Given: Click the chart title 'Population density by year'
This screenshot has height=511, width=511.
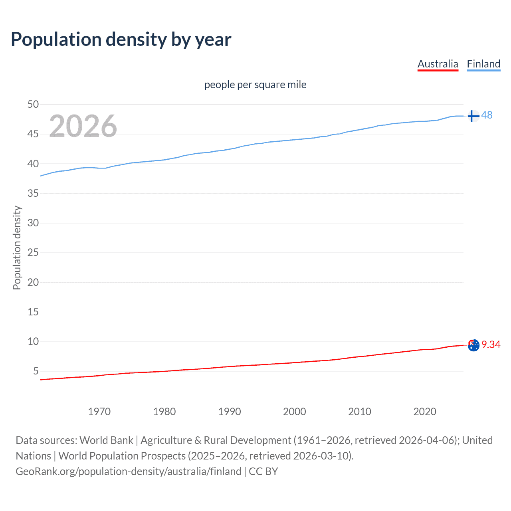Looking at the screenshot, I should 121,40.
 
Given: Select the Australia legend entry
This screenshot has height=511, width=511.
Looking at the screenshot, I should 438,64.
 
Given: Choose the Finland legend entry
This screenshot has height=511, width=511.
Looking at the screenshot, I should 483,64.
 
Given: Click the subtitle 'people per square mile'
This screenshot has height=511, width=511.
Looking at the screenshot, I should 255,85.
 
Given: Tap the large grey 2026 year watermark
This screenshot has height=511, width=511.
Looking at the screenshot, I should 83,126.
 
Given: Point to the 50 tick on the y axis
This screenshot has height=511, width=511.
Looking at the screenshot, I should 33,105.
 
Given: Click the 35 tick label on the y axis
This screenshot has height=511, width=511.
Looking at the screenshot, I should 33,194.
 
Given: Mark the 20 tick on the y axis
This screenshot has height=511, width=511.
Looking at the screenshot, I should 33,282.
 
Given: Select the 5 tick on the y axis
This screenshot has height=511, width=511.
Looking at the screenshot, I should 36,371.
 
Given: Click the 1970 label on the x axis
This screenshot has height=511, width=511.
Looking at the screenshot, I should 99,412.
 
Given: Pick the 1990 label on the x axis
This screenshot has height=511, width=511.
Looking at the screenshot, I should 229,412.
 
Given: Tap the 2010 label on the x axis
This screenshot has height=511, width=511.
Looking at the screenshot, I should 359,412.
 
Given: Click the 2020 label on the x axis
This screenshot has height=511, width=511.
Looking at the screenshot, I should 424,412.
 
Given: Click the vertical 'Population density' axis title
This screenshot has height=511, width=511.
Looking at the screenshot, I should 17,248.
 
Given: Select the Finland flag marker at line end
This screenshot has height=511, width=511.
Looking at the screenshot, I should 473,116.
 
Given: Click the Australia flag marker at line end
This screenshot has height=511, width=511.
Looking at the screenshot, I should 473,345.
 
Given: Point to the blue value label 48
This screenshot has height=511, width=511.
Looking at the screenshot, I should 487,115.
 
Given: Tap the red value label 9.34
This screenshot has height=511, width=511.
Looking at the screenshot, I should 491,345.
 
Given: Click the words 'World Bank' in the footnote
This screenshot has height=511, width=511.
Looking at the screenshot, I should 106,440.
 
